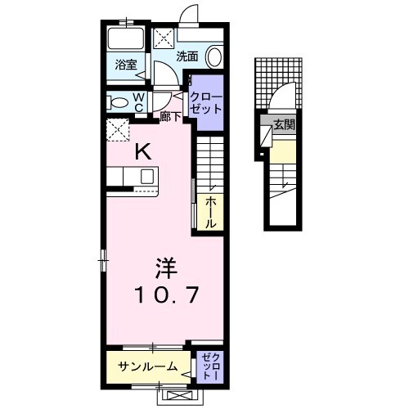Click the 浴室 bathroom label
[125, 64]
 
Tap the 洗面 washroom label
[187, 56]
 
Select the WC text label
[139, 101]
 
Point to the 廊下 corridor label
[170, 115]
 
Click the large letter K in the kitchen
[142, 151]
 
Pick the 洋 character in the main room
[165, 267]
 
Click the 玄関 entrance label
[284, 125]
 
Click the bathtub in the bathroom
[125, 40]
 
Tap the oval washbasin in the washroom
[213, 56]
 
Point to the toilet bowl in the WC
[119, 102]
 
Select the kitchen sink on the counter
[147, 176]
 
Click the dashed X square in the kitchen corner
[118, 129]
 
